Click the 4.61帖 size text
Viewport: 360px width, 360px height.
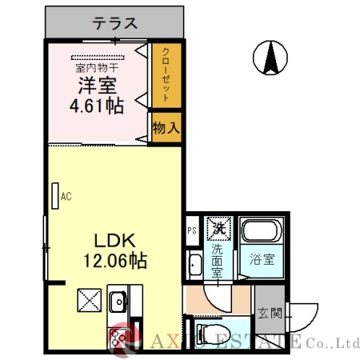(98, 104)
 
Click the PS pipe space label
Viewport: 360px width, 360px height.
(191, 231)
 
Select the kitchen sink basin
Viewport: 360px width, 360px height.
(118, 303)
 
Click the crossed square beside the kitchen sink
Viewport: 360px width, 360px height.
(87, 302)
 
